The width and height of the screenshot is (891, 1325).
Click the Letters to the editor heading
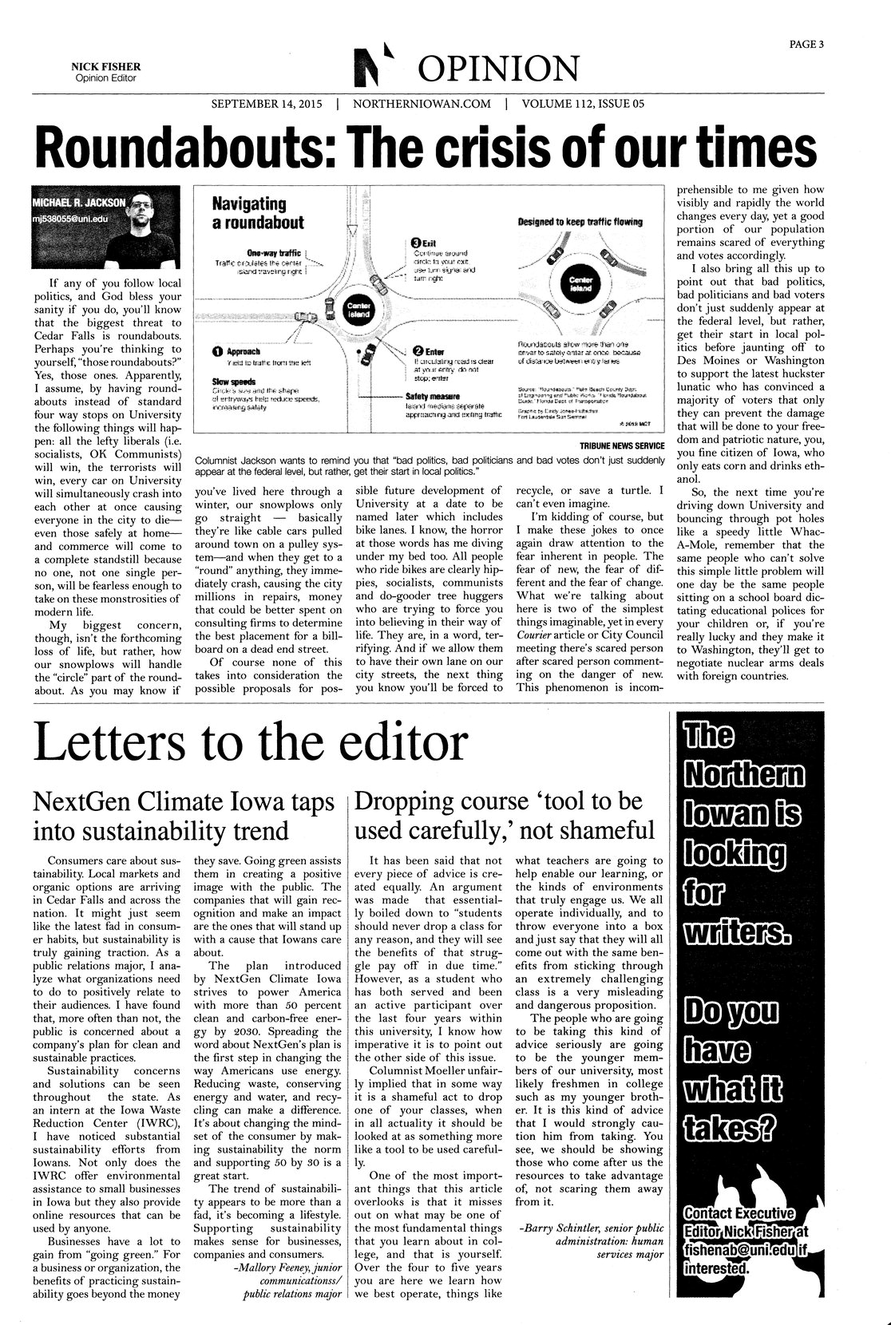pos(249,743)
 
